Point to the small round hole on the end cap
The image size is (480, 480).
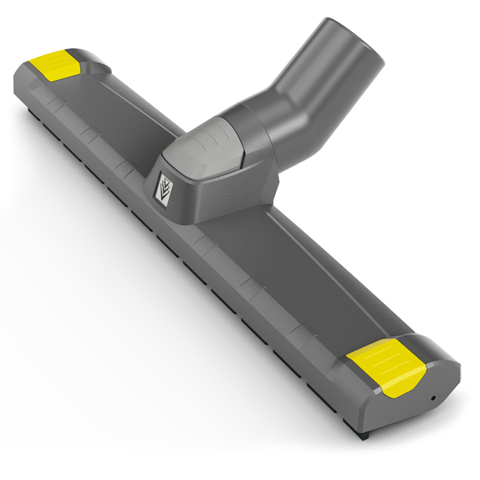point(433,397)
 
